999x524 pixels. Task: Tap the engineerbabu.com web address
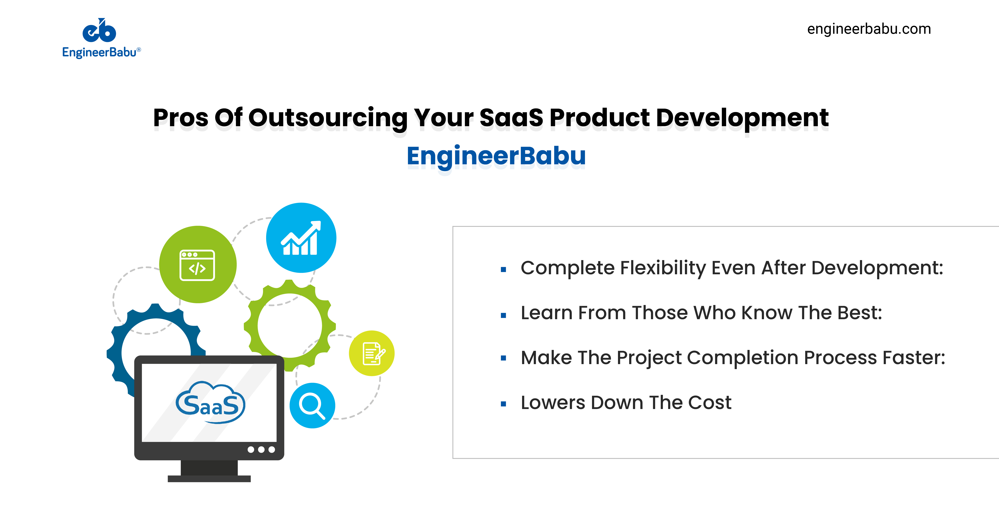tap(869, 29)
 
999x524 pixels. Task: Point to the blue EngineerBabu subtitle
tap(496, 156)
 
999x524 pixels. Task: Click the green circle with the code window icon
tap(198, 264)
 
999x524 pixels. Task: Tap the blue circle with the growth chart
tap(301, 238)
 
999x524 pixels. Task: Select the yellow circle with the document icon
tap(371, 353)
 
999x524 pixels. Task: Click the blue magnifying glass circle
tap(312, 405)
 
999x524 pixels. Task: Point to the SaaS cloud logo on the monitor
tap(211, 403)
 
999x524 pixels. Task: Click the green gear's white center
tap(290, 326)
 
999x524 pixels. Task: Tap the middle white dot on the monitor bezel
tap(261, 450)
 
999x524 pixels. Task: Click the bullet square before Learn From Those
tap(503, 315)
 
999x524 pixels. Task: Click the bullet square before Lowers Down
tap(503, 404)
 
